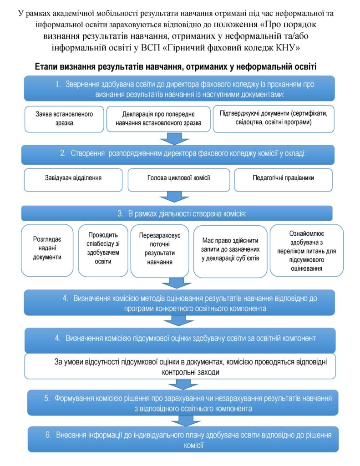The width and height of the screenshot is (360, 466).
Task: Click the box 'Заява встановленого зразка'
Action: (x=64, y=119)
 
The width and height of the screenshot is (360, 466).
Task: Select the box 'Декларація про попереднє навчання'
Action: (x=158, y=119)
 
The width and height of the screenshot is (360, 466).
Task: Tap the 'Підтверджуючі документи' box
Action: (x=274, y=119)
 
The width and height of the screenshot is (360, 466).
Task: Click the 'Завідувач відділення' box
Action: (x=73, y=180)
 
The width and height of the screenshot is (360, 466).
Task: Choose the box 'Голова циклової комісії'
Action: (x=179, y=180)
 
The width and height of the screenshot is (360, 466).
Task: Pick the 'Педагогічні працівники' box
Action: (x=283, y=180)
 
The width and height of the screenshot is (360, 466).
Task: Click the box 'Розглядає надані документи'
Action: (x=47, y=250)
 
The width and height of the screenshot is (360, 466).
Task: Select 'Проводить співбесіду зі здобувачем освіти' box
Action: (x=103, y=250)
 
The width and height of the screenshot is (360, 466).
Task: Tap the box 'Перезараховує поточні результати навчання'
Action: (x=160, y=251)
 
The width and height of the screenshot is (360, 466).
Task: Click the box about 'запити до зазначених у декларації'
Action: (x=230, y=251)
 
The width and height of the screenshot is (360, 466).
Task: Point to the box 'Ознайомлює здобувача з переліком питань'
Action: (x=306, y=250)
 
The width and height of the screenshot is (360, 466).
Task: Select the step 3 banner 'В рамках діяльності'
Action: (x=177, y=213)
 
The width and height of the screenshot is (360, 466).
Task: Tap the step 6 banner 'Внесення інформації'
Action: (x=183, y=439)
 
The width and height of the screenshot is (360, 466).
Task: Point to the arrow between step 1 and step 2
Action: (x=174, y=138)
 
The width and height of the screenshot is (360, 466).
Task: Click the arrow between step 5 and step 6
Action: (x=186, y=421)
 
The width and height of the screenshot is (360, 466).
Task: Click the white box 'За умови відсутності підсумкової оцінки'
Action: (x=180, y=366)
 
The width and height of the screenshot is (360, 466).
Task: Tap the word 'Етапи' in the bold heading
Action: (x=47, y=66)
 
